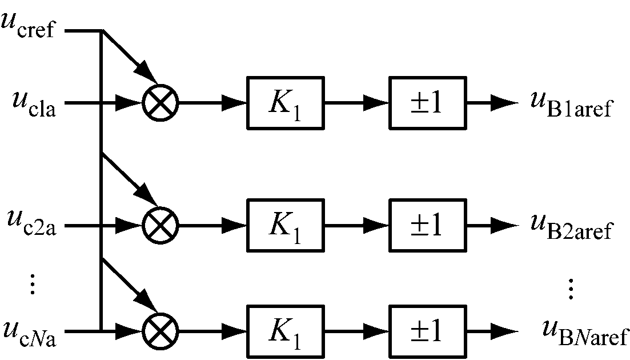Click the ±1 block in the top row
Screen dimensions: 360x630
pos(427,103)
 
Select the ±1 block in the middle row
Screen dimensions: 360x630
pos(427,225)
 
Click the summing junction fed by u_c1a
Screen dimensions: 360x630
pos(160,103)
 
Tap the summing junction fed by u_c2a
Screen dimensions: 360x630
pos(160,225)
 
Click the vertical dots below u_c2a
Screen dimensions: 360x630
pos(33,284)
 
